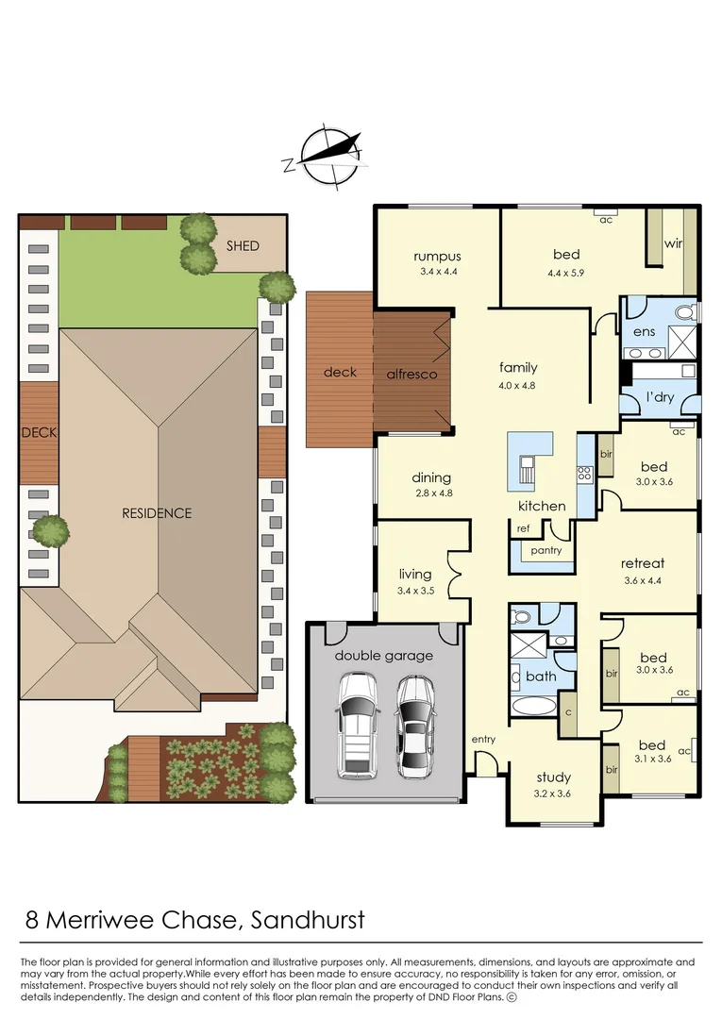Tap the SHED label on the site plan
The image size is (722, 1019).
coord(242,245)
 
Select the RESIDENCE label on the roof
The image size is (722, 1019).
coord(157,513)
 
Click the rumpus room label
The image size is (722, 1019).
coord(437,256)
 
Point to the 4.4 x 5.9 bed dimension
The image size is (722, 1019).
coord(566,274)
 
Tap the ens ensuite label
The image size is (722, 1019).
coord(644,331)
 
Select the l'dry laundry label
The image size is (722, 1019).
coord(660,396)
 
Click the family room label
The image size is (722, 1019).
coord(518,368)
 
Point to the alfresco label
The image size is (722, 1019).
coord(411,374)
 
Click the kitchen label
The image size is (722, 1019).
coord(542,506)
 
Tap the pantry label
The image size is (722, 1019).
coord(546,550)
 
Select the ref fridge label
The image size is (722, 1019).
coord(523,528)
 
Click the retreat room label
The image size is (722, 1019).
coord(643,563)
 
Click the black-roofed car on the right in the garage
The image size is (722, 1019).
coord(416,724)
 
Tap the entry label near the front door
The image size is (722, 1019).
coord(483,739)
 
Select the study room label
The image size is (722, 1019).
coord(554,777)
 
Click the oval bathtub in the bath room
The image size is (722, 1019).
coord(535,707)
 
